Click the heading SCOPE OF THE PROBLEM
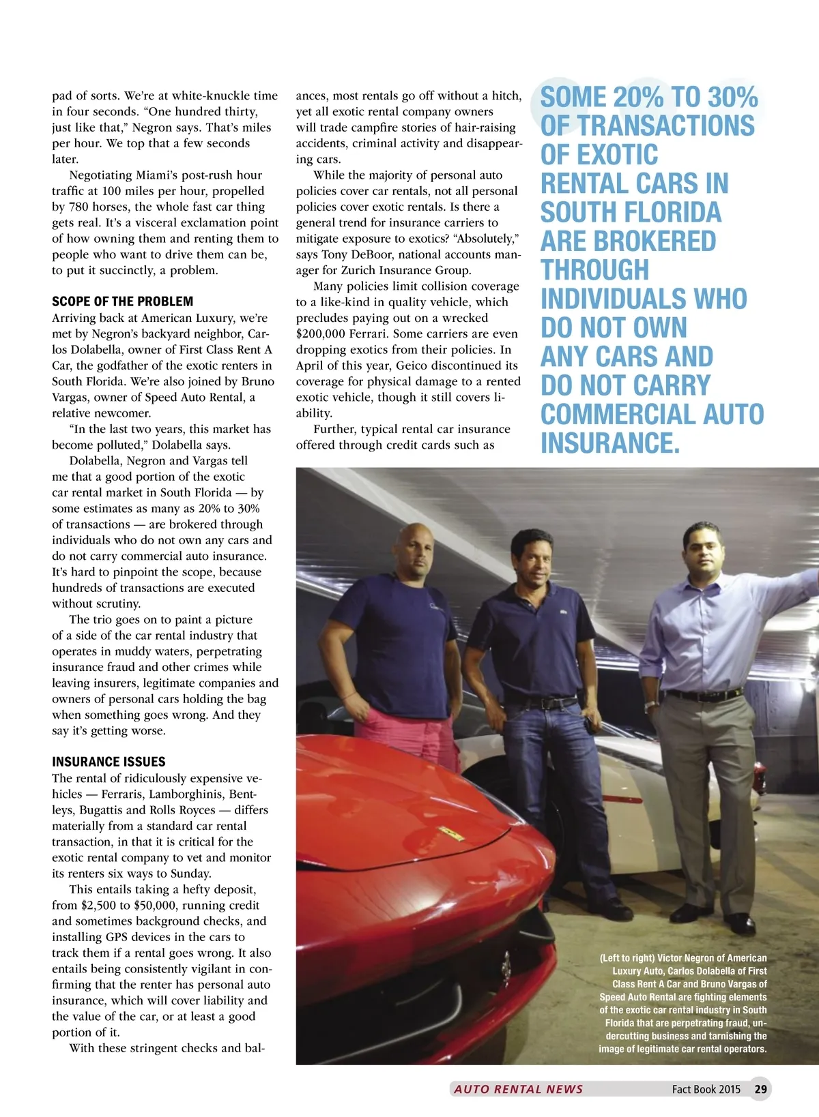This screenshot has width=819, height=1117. [x=122, y=301]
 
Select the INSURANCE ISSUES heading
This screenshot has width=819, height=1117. [x=109, y=762]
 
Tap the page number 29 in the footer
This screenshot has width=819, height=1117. [x=760, y=1089]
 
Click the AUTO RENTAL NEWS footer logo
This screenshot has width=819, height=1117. [x=518, y=1089]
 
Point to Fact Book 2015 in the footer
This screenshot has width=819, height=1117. [x=706, y=1089]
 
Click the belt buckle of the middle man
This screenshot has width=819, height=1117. [x=546, y=703]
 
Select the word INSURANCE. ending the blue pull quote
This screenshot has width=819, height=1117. [x=610, y=443]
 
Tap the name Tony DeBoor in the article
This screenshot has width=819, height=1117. [x=349, y=254]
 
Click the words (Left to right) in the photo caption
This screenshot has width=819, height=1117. [x=627, y=958]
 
